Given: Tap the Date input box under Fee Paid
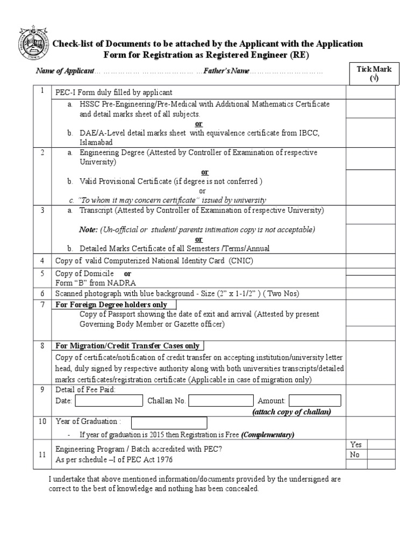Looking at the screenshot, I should click(109, 401).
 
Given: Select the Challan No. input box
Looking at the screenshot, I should click(220, 401).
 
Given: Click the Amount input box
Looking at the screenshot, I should click(315, 401).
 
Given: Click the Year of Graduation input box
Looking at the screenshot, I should click(169, 423).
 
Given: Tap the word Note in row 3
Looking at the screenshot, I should click(88, 229).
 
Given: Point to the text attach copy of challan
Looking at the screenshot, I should click(291, 412).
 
